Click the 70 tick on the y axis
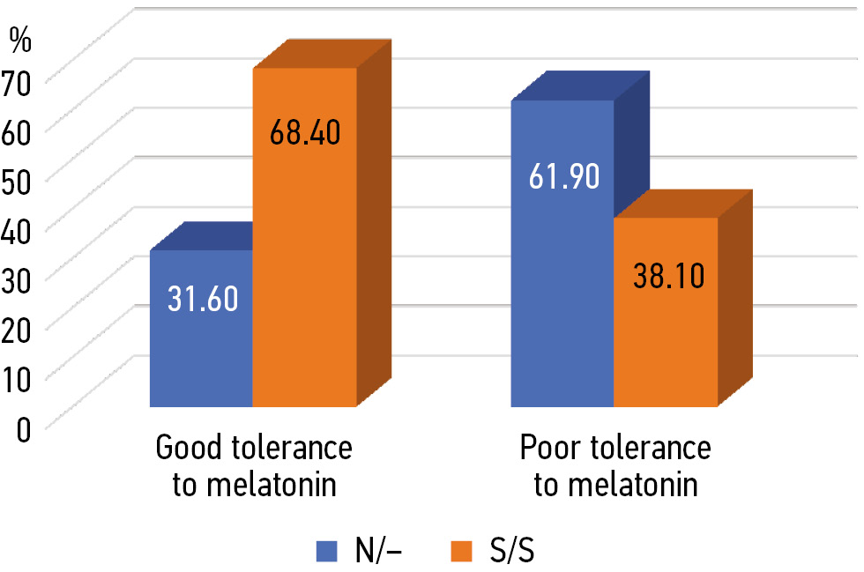19,79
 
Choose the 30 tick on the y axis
19,277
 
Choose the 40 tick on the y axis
19,227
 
